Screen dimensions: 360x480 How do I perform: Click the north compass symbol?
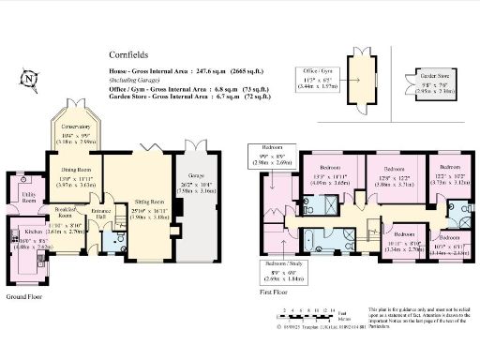pos(29,78)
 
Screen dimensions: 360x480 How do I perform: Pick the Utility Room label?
pos(27,198)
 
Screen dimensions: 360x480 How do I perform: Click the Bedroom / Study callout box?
pos(282,274)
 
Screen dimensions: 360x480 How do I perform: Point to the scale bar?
pos(310,309)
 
